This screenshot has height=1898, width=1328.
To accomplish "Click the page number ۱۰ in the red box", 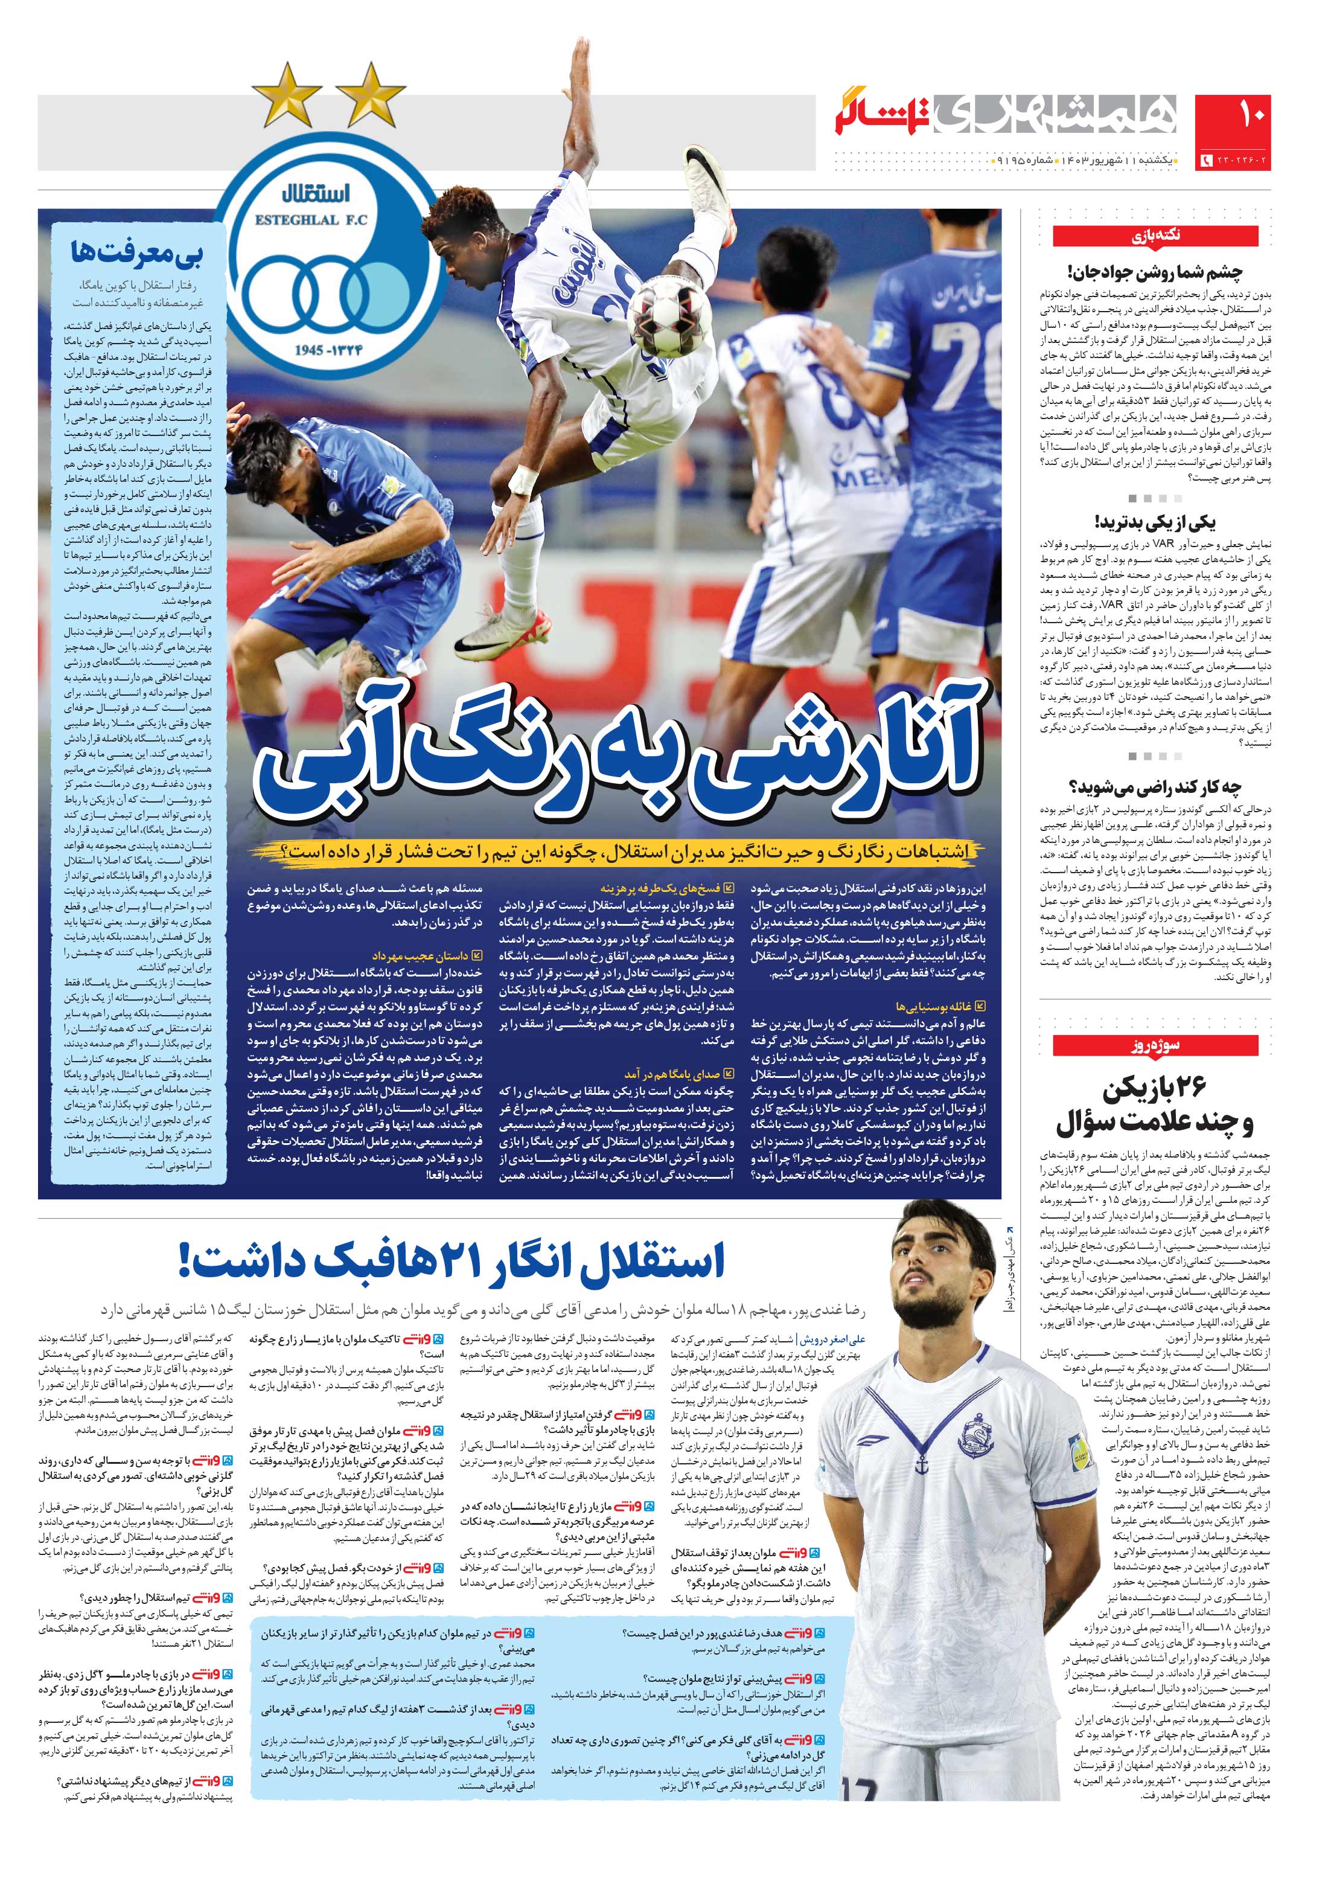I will [1233, 120].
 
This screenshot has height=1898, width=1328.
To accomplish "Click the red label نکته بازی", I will [1155, 236].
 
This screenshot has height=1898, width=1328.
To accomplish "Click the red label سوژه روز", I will [1155, 1046].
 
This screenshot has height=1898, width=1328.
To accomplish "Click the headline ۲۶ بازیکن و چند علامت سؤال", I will [1155, 1105].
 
